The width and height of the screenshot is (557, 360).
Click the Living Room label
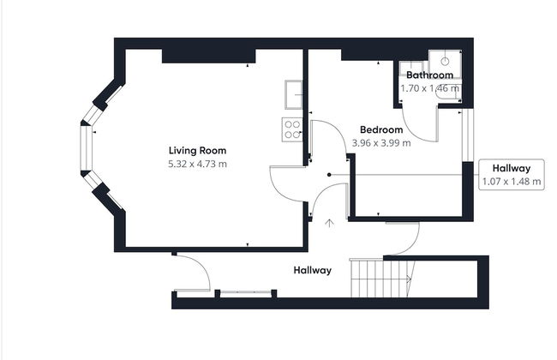coord(197,151)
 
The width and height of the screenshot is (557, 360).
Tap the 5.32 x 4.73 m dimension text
coord(197,165)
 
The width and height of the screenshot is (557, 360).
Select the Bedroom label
coord(381,129)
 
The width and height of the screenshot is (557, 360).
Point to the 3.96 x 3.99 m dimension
coord(381,143)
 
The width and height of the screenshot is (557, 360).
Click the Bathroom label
coord(430,75)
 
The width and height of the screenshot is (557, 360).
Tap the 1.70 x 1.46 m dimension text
coord(430,88)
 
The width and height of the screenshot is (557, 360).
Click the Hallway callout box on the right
coord(512,175)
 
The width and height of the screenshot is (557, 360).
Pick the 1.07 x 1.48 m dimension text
coord(512,182)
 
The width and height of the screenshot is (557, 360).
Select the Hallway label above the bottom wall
coord(313,271)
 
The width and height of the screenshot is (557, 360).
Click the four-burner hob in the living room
coord(292,129)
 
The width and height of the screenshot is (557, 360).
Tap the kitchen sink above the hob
coord(293,94)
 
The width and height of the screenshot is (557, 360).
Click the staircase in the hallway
coord(382,278)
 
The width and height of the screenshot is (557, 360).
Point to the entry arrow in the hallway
coord(330,223)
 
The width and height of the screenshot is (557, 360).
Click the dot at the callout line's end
coord(329,175)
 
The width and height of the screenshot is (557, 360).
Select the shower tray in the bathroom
coord(445,64)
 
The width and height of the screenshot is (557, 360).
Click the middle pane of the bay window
coord(87,148)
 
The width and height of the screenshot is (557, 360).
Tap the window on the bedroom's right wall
coord(468,135)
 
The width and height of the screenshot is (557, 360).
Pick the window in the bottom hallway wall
coord(245,293)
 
